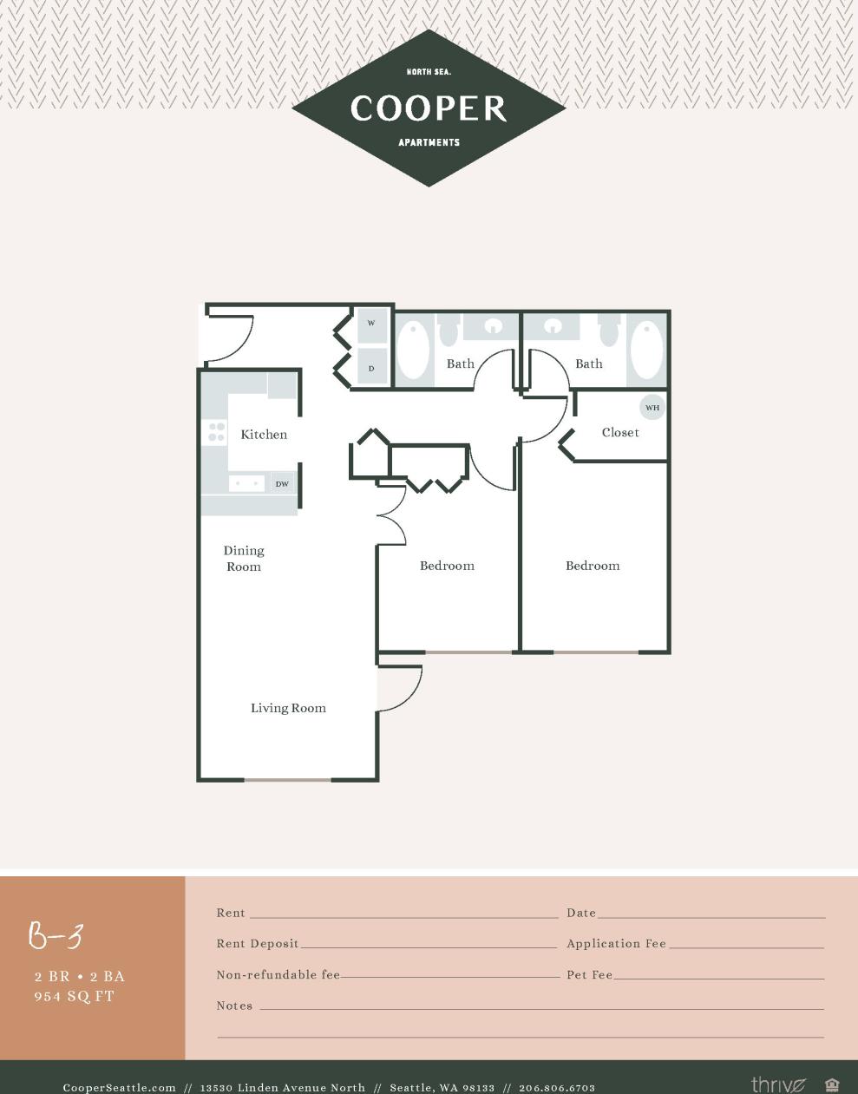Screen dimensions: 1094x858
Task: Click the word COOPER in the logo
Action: point(429,108)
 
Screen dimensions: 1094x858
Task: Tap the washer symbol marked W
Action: point(371,324)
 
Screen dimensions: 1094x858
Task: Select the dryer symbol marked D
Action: point(371,368)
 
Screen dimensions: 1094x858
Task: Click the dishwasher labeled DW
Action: point(282,483)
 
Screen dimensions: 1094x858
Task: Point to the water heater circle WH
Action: point(652,407)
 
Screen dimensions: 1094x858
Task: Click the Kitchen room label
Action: point(264,435)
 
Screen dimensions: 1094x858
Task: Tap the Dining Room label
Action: point(244,559)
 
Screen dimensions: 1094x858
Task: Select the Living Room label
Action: point(288,708)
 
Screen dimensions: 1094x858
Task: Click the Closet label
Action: point(620,432)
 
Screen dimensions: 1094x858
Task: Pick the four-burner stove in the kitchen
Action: point(215,432)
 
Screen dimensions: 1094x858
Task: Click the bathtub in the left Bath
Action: point(414,350)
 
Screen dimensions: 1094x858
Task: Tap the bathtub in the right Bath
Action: point(646,350)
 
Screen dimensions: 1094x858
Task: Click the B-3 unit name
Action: point(56,936)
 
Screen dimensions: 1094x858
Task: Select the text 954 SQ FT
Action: point(75,997)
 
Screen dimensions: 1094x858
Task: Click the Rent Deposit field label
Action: point(258,944)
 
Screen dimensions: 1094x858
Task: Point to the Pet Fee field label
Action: point(590,975)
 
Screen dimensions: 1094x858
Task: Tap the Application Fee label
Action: point(616,944)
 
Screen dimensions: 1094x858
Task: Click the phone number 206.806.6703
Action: point(556,1087)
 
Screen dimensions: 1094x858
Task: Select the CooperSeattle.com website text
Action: point(120,1087)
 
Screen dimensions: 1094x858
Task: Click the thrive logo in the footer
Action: point(777,1084)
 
